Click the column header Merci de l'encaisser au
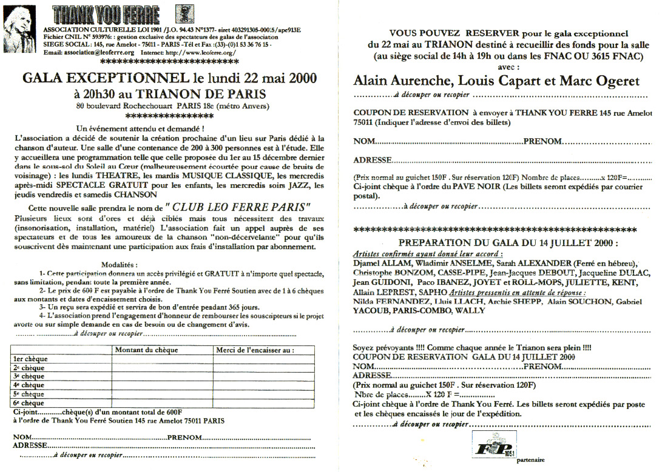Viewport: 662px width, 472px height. coord(255,350)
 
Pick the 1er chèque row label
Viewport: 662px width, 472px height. coord(30,359)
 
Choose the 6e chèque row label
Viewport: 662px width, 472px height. coord(29,403)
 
